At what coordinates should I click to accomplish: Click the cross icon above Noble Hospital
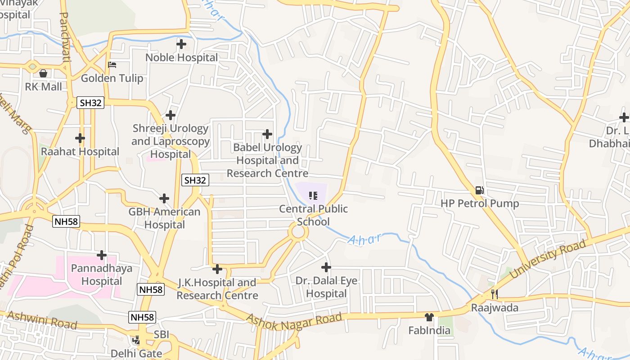181,44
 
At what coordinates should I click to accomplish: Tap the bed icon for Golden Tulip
112,65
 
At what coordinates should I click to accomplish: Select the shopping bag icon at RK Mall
43,73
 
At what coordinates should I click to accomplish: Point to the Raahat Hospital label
80,152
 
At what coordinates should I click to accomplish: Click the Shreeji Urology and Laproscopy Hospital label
171,141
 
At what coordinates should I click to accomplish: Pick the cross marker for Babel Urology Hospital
267,134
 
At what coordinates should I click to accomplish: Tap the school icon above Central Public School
313,196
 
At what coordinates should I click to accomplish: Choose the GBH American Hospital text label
164,218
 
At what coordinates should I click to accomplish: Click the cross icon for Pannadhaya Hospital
102,255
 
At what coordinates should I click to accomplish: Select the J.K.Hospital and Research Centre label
217,289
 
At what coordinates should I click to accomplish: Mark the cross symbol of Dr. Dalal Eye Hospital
326,267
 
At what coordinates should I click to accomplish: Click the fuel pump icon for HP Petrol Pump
480,190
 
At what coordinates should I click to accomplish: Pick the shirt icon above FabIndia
429,317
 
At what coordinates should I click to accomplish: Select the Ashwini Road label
42,320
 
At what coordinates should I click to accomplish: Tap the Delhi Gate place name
136,353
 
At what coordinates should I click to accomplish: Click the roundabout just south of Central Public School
298,233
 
